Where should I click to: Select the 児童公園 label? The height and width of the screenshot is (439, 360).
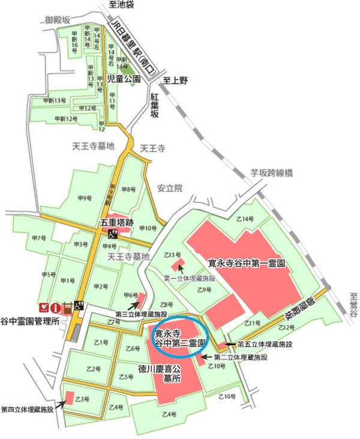(x=123, y=79)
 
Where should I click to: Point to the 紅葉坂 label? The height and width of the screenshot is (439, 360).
(x=155, y=103)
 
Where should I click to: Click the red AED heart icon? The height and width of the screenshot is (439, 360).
(x=43, y=307)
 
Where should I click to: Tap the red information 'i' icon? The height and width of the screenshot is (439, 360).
(x=56, y=307)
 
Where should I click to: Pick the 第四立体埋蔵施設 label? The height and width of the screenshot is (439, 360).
(x=28, y=409)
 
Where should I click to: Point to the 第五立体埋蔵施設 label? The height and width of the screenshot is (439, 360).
(x=265, y=344)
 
